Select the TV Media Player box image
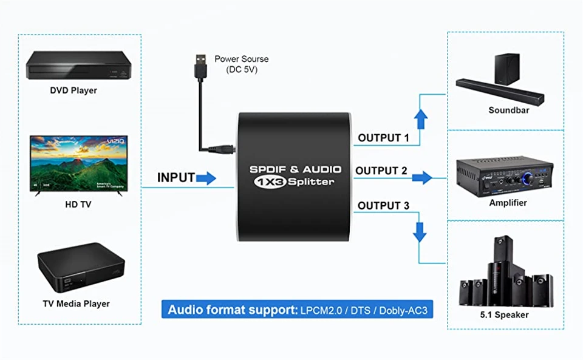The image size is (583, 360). coord(81,267)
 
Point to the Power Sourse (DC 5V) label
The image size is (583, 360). coord(242,64)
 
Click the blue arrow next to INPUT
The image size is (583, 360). coord(206,178)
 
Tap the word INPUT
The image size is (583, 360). coord(176,178)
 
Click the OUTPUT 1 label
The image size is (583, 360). coord(383,138)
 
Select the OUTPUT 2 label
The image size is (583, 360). coord(381,171)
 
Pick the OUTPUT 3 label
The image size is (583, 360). coord(383,206)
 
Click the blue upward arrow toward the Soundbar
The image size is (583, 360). coord(419,119)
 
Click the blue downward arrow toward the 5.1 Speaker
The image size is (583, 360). coord(419,232)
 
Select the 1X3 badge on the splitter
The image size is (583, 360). coord(267,182)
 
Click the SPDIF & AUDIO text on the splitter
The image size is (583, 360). coord(295,169)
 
